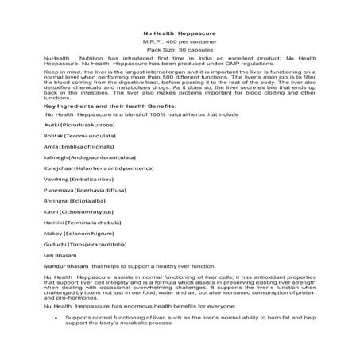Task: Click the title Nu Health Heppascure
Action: point(179,31)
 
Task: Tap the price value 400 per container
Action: point(192,40)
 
